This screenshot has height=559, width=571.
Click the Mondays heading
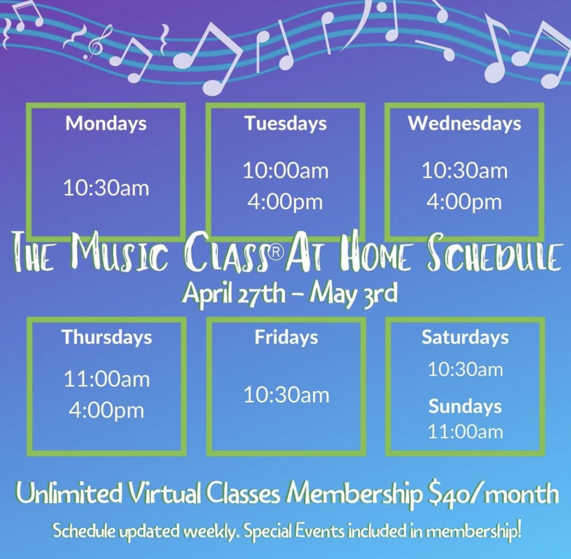106,123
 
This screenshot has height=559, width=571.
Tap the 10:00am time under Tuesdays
285,171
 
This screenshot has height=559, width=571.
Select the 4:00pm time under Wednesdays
464,203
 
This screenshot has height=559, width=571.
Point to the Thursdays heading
106,337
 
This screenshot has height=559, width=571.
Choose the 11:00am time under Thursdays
106,380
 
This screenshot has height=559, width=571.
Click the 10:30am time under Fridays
286,395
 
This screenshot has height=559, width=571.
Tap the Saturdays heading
465,337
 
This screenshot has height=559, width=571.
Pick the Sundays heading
465,406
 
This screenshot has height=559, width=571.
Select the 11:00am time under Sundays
465,432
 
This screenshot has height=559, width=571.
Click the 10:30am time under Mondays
106,189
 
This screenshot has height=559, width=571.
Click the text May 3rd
353,294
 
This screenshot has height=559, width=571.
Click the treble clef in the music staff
94,45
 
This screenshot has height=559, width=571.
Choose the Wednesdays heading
465,123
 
